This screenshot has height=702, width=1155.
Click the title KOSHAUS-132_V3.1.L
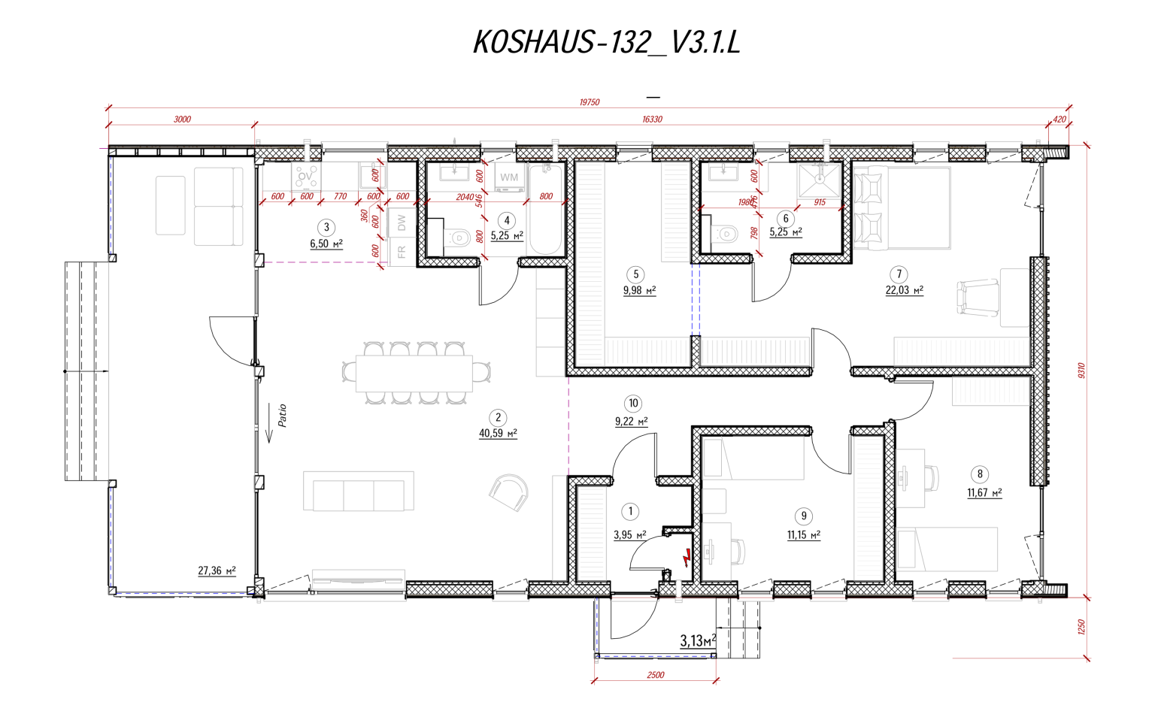pos(606,43)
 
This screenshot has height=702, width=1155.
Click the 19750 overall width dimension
pos(589,102)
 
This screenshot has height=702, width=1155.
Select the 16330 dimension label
pos(652,120)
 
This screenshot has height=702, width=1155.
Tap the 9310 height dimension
pos(1081,371)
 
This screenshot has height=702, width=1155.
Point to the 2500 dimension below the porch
pos(655,675)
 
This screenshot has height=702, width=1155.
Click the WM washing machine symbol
pos(509,178)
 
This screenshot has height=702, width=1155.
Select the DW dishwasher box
pos(402,222)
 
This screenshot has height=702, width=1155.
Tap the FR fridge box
pos(402,252)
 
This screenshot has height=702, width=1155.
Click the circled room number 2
pos(497,418)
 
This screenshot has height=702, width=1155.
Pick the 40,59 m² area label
pos(497,434)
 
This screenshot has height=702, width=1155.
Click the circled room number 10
pos(633,404)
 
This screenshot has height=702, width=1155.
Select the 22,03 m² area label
pos(904,290)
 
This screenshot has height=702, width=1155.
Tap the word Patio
pos(283,416)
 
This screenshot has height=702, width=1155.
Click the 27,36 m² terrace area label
pos(217,571)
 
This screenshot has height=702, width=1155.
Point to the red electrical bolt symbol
pos(687,558)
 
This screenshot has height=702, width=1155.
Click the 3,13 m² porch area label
pos(697,641)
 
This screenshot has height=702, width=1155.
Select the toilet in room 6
pos(726,235)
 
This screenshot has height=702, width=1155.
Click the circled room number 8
pos(979,474)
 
